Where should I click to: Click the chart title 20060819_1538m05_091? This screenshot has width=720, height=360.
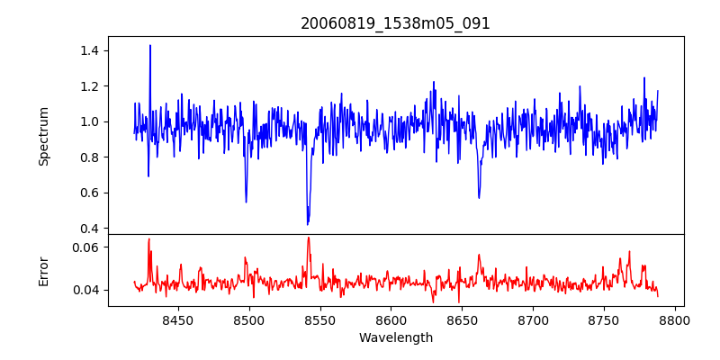395,23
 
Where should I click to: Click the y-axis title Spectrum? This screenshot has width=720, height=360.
43,136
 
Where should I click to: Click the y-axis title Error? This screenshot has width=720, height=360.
43,270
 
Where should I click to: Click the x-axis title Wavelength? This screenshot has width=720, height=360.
395,338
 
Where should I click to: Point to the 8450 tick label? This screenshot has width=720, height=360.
178,319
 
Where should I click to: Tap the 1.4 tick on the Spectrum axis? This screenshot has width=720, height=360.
88,50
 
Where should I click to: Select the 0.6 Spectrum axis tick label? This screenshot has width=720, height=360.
88,193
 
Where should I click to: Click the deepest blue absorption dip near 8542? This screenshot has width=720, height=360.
308,223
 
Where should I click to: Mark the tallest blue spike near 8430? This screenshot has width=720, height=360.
150,46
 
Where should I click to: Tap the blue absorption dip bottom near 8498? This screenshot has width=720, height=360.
246,201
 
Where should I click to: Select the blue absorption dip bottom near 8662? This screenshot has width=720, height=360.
479,197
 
